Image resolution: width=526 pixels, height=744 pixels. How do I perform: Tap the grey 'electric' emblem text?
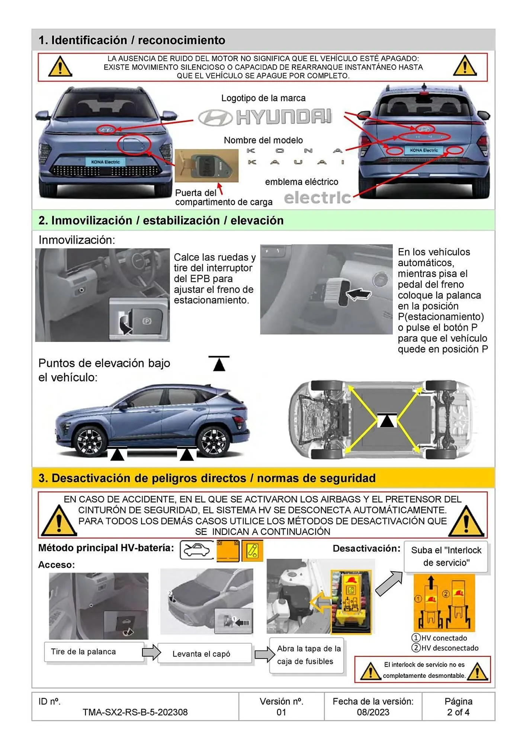pos(317,198)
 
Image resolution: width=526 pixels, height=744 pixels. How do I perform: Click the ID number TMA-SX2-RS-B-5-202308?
pos(135,712)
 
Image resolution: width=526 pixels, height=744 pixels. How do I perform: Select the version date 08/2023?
pos(373,712)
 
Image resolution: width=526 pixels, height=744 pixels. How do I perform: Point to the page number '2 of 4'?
pos(458,712)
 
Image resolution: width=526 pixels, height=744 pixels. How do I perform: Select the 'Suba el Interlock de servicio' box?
pos(446,557)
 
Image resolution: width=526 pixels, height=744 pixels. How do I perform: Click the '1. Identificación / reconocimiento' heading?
pos(132,40)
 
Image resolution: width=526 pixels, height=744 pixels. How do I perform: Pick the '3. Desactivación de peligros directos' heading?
pos(207,478)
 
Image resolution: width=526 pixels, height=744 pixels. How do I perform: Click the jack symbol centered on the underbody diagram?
pos(387,420)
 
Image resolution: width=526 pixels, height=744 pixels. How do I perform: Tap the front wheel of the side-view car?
pos(90,441)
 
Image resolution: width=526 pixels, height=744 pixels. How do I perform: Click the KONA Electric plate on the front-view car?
pos(105,162)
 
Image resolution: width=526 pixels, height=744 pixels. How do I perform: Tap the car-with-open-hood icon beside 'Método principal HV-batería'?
pos(197,550)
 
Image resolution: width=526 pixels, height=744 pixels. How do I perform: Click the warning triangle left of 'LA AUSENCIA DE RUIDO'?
pos(60,67)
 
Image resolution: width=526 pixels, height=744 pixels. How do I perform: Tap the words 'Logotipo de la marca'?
pos(263,98)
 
